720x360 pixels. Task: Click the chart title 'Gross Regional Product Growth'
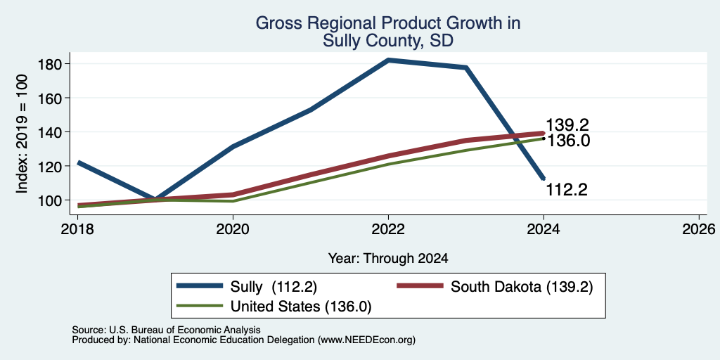[388, 23]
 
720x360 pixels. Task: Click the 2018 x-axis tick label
[77, 229]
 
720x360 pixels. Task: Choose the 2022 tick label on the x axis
[388, 229]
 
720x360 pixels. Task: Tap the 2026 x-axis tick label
[699, 229]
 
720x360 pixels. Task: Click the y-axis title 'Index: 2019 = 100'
[22, 134]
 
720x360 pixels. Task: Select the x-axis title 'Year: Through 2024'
[388, 259]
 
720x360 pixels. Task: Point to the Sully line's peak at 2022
[388, 60]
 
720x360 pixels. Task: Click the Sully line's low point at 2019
[155, 200]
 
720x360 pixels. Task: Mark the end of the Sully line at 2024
[544, 178]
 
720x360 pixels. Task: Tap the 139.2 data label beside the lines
[567, 125]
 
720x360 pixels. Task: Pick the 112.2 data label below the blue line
[567, 189]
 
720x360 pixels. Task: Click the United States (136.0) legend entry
[274, 307]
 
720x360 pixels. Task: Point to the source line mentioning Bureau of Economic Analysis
[166, 330]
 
